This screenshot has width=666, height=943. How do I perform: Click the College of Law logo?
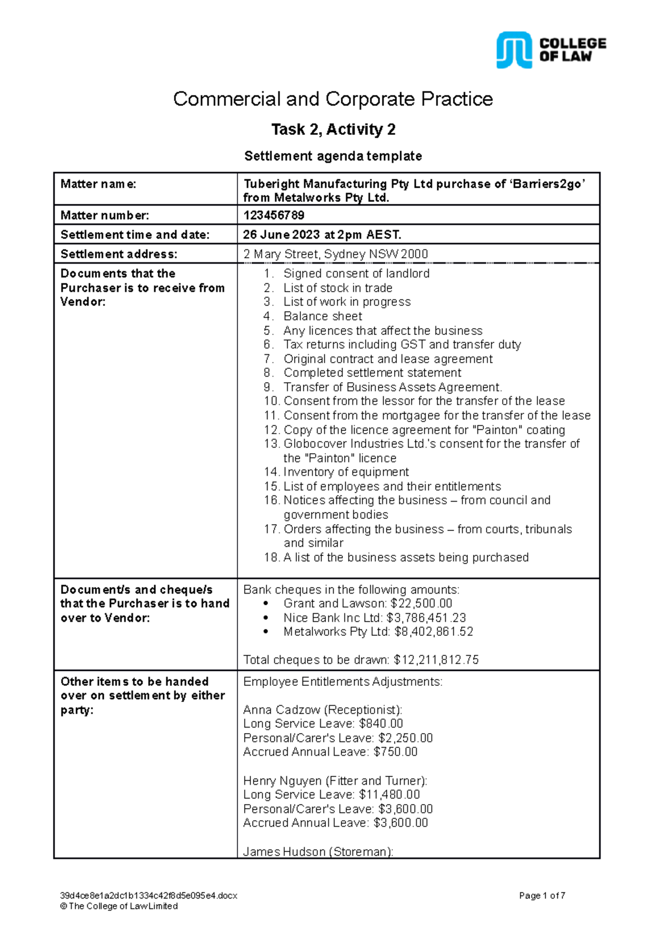click(551, 50)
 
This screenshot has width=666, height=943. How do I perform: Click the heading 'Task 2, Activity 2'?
click(333, 129)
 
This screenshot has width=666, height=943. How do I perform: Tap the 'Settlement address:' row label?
click(119, 254)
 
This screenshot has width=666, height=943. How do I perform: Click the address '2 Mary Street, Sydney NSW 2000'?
click(335, 254)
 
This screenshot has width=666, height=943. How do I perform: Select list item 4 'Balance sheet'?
click(322, 316)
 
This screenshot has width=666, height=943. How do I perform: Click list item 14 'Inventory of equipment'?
click(346, 472)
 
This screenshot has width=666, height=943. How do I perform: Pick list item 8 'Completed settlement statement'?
click(372, 373)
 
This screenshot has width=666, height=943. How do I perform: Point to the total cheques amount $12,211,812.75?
click(436, 660)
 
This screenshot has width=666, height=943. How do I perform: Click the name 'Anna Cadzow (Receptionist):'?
click(322, 710)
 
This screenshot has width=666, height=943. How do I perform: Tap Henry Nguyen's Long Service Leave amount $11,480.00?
click(390, 795)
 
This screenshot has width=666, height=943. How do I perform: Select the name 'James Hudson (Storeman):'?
click(318, 851)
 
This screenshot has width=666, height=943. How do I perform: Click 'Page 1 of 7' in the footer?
click(542, 895)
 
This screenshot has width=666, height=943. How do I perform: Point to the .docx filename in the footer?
click(148, 895)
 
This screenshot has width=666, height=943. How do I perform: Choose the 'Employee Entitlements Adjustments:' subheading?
click(342, 681)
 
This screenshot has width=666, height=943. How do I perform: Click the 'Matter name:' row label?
click(98, 184)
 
